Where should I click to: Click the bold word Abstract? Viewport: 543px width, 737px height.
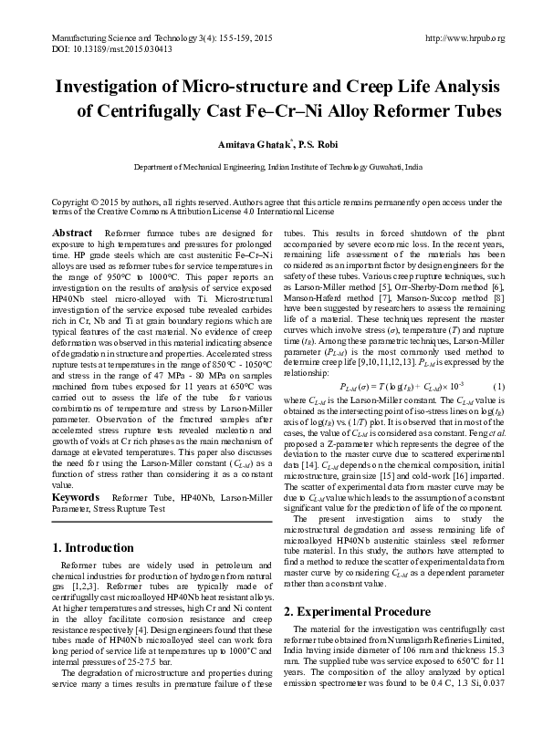click(72, 234)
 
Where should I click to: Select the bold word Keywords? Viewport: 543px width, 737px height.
click(76, 498)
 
